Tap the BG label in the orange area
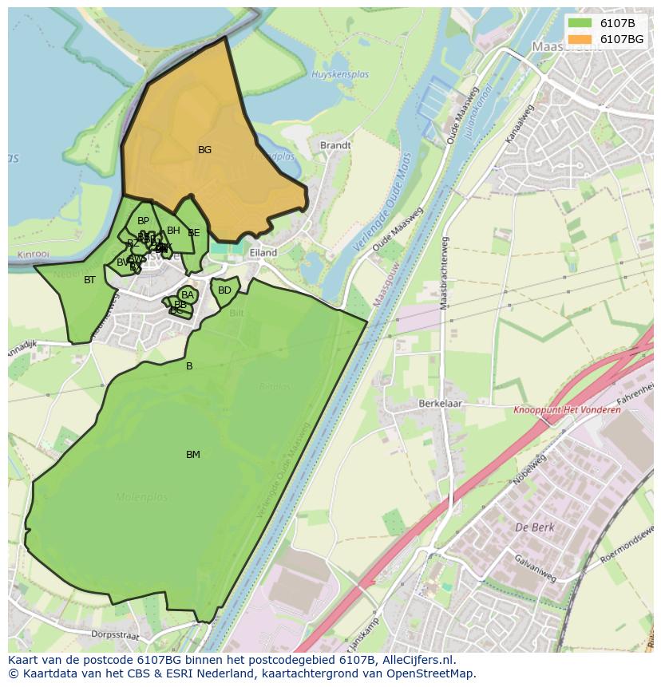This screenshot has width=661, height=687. (204, 150)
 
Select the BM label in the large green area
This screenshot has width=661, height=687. (192, 455)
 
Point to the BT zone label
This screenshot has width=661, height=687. (89, 280)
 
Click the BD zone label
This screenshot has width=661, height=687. (224, 290)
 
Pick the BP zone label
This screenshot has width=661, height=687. (143, 221)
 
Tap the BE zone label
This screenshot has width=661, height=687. (194, 233)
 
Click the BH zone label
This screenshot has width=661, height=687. (173, 231)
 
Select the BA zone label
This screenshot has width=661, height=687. (188, 295)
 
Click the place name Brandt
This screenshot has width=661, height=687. (335, 146)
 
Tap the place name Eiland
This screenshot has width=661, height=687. (263, 253)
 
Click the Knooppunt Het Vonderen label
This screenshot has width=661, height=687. (566, 410)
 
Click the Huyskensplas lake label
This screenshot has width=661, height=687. (340, 74)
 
